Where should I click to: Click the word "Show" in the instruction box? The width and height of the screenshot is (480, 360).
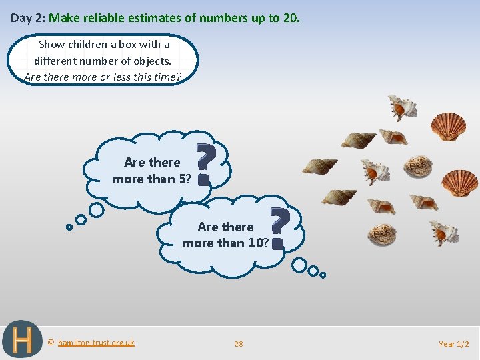[52, 45]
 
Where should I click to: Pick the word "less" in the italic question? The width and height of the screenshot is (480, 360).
[123, 76]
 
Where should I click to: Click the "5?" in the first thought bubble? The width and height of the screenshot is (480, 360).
[184, 179]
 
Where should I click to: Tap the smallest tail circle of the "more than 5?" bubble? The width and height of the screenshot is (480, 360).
[69, 227]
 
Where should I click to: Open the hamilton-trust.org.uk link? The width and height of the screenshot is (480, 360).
[96, 343]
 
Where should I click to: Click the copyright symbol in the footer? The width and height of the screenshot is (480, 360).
[51, 343]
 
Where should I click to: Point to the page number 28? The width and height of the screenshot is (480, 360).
[239, 344]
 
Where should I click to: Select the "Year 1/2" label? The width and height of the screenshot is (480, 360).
[454, 344]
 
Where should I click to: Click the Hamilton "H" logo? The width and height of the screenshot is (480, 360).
[22, 340]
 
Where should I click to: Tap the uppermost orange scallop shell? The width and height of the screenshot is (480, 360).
[448, 126]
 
